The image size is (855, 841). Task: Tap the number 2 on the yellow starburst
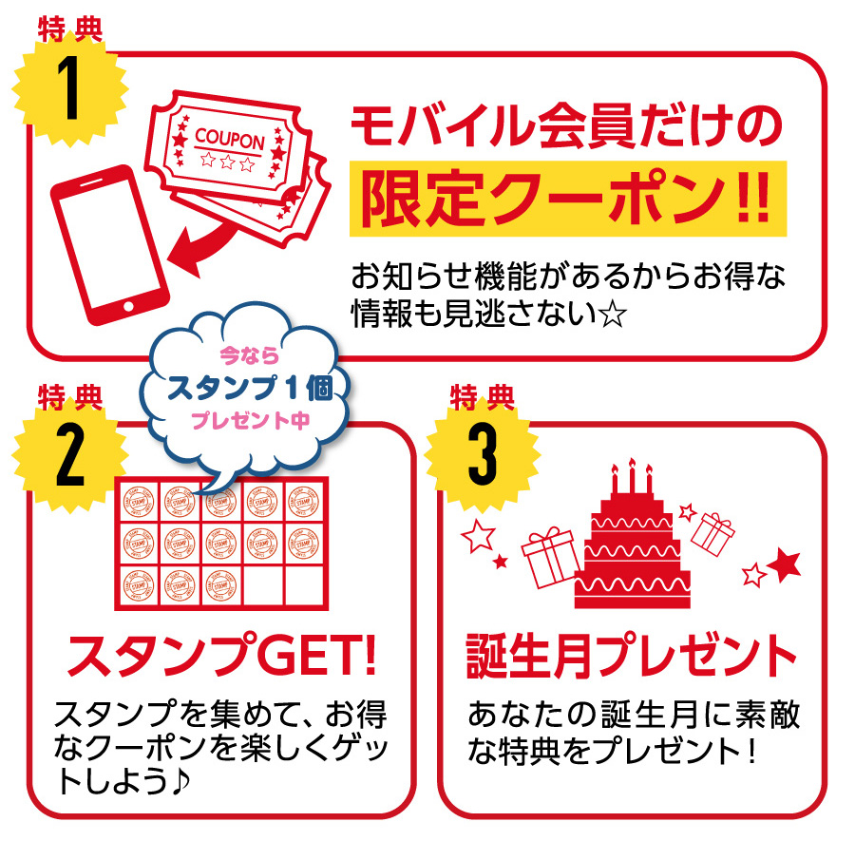point(70,455)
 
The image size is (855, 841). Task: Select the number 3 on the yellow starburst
point(483,455)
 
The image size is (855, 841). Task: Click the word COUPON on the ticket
point(230,139)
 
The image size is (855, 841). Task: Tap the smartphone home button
point(128,306)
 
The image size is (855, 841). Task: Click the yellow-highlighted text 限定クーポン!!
point(568,199)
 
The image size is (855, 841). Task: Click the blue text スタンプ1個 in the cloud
point(250,389)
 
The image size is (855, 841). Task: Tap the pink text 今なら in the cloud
point(249,355)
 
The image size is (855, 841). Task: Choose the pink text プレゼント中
point(250,420)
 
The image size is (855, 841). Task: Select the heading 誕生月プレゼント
point(632,655)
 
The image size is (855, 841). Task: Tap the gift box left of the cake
point(550,557)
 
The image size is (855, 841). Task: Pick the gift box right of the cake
point(712,534)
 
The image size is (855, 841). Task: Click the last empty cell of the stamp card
point(304,585)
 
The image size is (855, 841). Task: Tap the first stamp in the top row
point(139,501)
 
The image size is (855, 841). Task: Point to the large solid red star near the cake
point(786,564)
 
